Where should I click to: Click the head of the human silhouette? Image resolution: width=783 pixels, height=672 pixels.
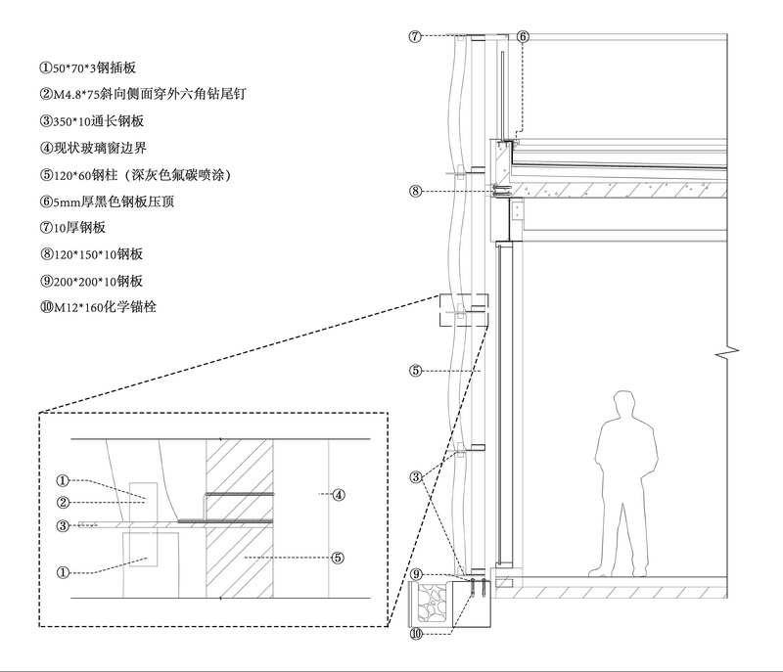(625, 404)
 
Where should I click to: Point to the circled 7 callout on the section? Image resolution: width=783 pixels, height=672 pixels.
(415, 36)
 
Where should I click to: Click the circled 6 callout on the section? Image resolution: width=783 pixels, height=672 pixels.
(523, 36)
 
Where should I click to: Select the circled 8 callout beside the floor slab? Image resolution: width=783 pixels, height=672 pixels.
(415, 191)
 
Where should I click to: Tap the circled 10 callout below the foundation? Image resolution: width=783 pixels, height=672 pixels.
(416, 634)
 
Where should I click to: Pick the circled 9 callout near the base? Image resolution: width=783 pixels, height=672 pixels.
(416, 574)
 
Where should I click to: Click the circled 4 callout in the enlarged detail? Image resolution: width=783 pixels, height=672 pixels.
(339, 495)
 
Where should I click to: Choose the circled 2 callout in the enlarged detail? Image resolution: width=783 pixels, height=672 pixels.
(63, 503)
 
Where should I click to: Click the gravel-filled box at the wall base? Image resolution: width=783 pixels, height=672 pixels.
(431, 605)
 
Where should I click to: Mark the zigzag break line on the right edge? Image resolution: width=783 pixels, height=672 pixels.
(727, 353)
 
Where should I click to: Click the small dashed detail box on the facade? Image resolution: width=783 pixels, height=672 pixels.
(464, 310)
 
